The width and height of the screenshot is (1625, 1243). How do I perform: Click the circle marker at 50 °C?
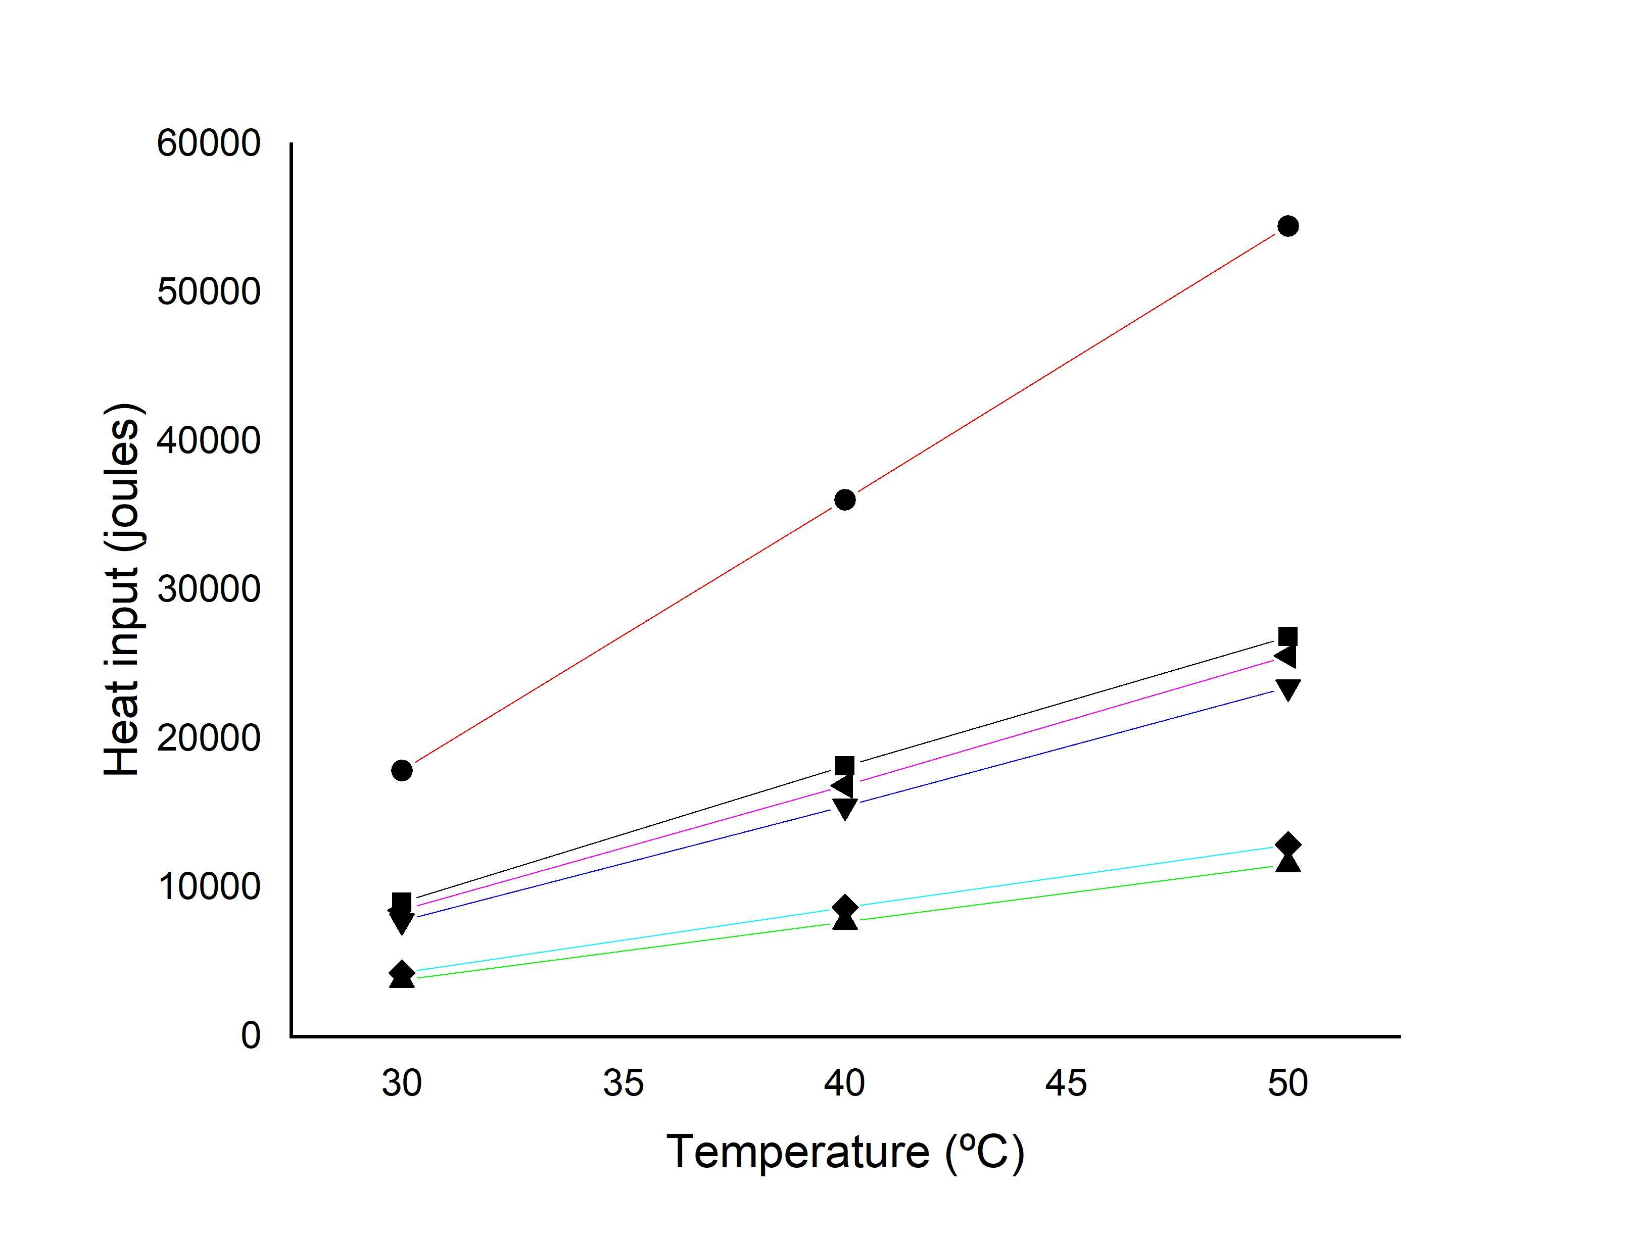(1287, 226)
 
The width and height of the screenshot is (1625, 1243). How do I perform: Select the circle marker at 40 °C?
(844, 500)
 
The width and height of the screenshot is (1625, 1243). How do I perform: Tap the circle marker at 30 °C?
(402, 770)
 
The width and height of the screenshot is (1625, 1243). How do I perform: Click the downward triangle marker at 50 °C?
(1287, 689)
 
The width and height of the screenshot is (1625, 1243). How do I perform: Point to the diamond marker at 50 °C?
(1287, 844)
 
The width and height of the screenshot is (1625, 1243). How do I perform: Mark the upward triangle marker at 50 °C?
(1287, 863)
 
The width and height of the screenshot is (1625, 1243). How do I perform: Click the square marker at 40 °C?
(844, 766)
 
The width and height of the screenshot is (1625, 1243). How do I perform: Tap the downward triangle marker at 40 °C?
(844, 809)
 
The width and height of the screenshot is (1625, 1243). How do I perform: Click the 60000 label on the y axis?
(209, 143)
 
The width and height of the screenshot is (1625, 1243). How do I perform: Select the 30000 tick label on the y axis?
(209, 589)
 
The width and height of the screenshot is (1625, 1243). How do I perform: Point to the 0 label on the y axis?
(251, 1035)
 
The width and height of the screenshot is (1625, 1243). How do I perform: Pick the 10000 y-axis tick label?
(209, 886)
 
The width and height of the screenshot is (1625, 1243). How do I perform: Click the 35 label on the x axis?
(623, 1083)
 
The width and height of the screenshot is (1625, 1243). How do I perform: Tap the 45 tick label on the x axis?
(1066, 1083)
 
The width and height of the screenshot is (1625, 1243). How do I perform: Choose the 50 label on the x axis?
(1287, 1083)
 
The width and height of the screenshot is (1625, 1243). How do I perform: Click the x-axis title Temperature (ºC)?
(845, 1152)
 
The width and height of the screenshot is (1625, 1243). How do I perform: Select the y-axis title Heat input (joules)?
(122, 590)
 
